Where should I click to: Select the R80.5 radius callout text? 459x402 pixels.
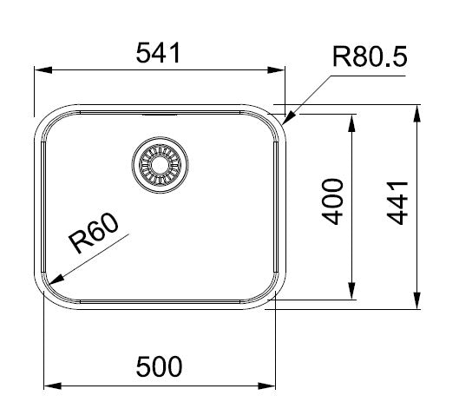coord(370,58)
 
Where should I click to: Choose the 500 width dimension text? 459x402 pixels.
coord(159,367)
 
